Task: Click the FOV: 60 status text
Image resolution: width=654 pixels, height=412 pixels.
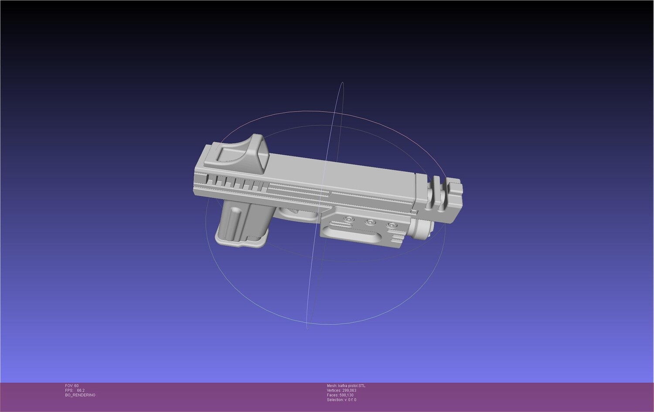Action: point(72,386)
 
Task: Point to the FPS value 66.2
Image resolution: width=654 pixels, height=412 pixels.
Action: point(81,390)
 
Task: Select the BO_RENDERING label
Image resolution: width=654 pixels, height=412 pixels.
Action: point(80,395)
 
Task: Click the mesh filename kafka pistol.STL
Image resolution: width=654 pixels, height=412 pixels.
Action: point(351,386)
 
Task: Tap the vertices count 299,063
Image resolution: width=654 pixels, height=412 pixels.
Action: point(349,390)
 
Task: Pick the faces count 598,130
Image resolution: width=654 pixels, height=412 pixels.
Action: point(346,395)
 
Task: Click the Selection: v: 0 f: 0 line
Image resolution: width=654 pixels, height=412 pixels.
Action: point(341,400)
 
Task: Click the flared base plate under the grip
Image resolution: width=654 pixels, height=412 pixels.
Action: point(241,241)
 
